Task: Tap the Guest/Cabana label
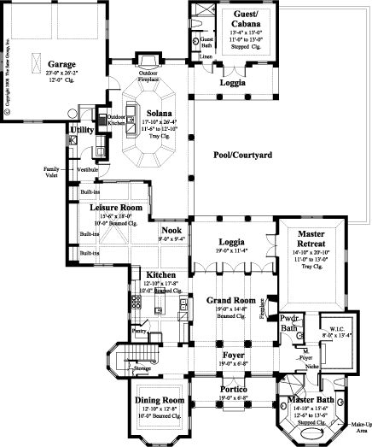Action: (x=245, y=21)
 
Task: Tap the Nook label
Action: (x=171, y=230)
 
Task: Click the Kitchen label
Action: (x=137, y=273)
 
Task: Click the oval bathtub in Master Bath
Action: (x=309, y=434)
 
